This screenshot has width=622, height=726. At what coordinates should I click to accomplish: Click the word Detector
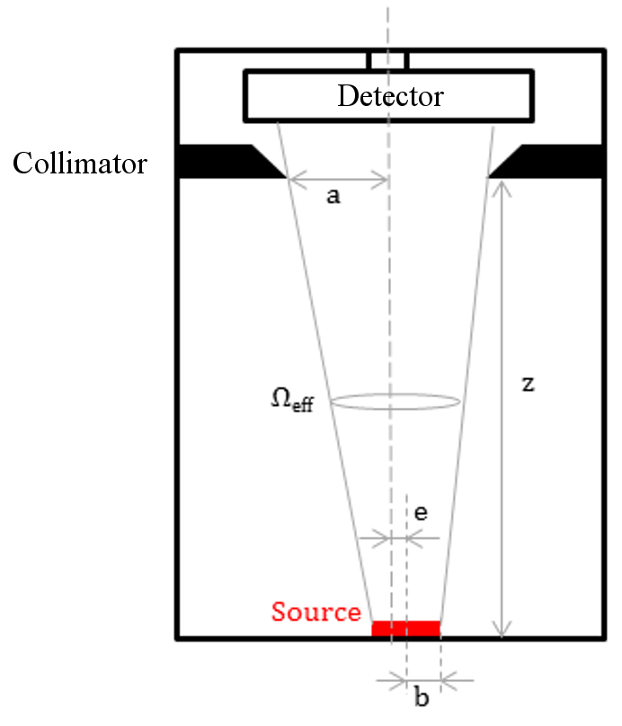[x=390, y=95]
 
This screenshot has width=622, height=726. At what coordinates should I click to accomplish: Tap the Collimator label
[x=79, y=164]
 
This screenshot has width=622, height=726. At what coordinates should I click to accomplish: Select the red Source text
[x=315, y=612]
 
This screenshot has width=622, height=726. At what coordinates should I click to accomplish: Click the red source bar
[x=406, y=628]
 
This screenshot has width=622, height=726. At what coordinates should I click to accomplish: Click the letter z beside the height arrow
[x=529, y=385]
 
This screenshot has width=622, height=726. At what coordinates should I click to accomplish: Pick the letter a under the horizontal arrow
[x=333, y=197]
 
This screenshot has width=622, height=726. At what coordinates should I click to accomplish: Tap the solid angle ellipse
[x=397, y=402]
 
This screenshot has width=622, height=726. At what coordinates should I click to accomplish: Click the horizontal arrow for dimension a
[x=338, y=178]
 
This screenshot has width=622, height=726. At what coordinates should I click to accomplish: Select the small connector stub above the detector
[x=388, y=60]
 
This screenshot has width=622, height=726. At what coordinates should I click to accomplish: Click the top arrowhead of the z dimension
[x=502, y=184]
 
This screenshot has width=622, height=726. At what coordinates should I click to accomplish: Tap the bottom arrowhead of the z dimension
[x=502, y=632]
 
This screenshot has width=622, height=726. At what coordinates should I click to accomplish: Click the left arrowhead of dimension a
[x=293, y=178]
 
